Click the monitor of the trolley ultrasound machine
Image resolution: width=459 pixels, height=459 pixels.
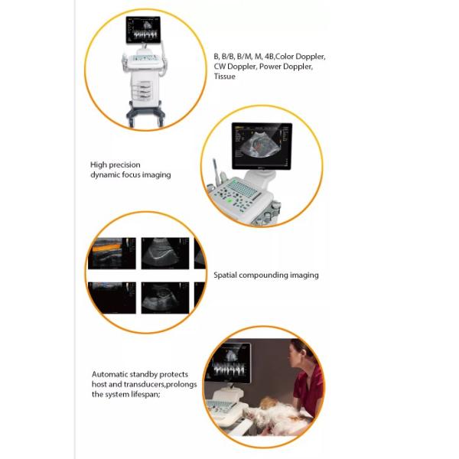pyautogui.click(x=143, y=31)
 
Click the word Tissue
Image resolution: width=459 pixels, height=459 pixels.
pyautogui.click(x=224, y=76)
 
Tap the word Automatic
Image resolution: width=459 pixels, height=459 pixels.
pyautogui.click(x=111, y=374)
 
